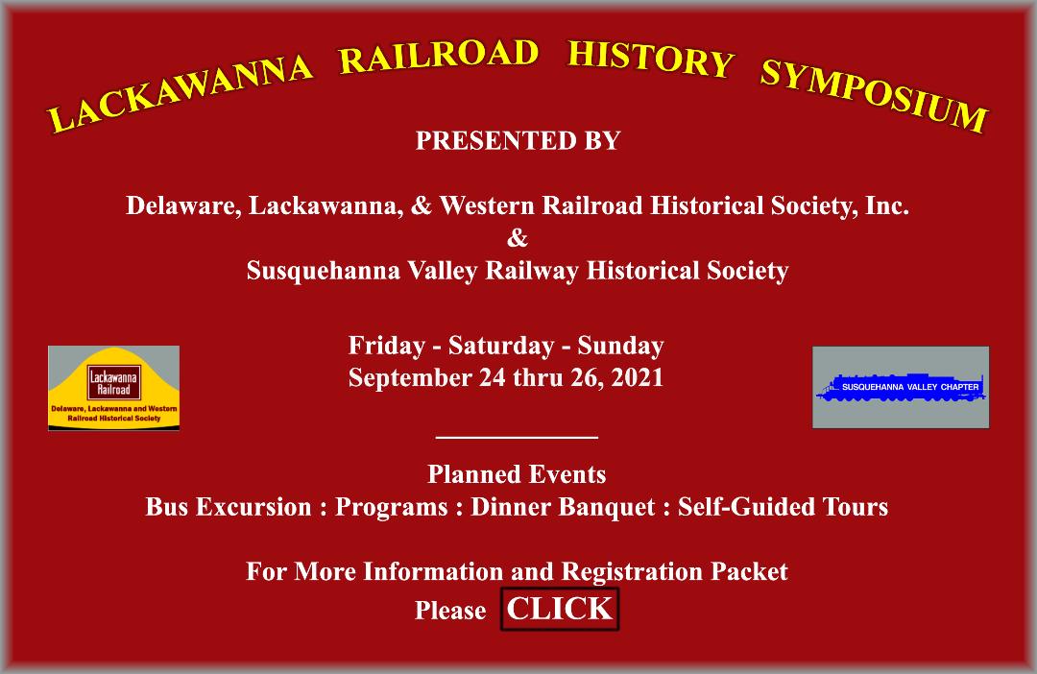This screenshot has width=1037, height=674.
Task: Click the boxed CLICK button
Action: (560, 609)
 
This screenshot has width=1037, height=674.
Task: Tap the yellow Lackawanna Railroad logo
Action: (113, 388)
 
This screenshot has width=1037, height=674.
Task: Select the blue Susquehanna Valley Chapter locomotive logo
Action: (901, 387)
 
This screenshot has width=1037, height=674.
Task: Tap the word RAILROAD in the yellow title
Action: (439, 56)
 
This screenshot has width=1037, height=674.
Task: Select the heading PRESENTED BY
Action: (518, 140)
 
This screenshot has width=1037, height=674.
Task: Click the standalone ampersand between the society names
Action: (518, 238)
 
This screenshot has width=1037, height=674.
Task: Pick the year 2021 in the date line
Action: (634, 377)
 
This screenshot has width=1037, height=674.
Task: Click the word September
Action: (410, 377)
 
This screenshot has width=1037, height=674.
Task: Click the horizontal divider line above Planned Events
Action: (517, 437)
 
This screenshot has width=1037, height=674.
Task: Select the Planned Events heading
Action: (517, 474)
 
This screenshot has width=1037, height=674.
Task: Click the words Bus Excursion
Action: (229, 507)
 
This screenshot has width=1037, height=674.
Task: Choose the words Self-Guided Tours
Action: (783, 507)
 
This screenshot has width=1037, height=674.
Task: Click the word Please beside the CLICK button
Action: (450, 611)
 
